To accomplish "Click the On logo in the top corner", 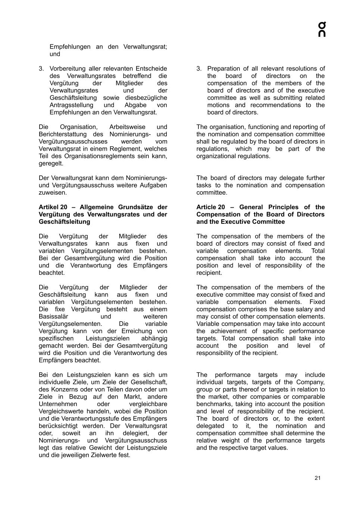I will pos(322,29).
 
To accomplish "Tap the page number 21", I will pos(317,478).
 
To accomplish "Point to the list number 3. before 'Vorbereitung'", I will pos(41,69).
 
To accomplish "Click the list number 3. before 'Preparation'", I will pos(199,69).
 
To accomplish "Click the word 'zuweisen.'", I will pos(53,193).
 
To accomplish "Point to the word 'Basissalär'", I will pos(53,317).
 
